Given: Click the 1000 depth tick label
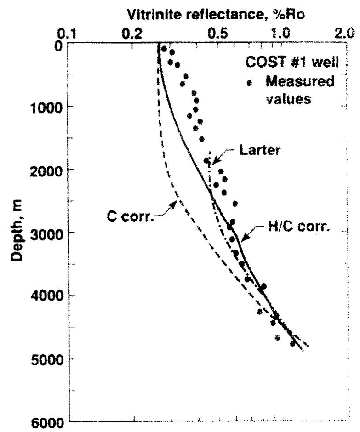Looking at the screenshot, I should click(47, 107).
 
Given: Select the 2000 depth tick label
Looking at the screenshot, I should click(47, 170).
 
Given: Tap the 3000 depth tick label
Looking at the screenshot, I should click(47, 232).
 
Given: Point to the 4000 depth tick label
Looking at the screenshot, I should click(47, 295).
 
